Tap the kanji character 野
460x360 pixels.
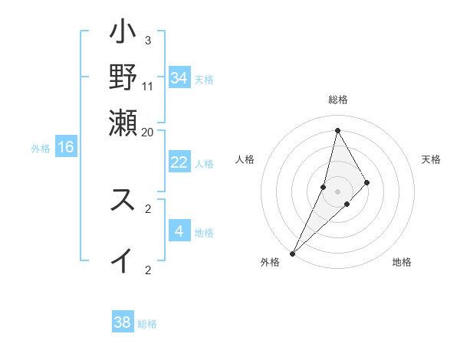pyautogui.click(x=123, y=77)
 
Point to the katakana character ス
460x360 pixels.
pyautogui.click(x=123, y=200)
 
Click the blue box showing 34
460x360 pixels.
pyautogui.click(x=179, y=78)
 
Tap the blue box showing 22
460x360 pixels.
pyautogui.click(x=179, y=162)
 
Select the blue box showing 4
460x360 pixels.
pyautogui.click(x=179, y=231)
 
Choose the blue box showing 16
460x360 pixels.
pyautogui.click(x=66, y=147)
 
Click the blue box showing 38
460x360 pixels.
pyautogui.click(x=122, y=322)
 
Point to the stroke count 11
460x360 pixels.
pyautogui.click(x=148, y=86)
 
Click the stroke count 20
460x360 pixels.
pyautogui.click(x=148, y=132)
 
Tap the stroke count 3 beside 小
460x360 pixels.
pyautogui.click(x=148, y=40)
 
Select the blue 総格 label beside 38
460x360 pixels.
pyautogui.click(x=147, y=324)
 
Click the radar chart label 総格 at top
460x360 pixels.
pyautogui.click(x=337, y=100)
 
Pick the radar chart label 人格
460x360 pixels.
pyautogui.click(x=245, y=159)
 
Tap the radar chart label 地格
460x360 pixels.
pyautogui.click(x=402, y=262)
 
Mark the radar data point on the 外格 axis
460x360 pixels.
pyautogui.click(x=293, y=252)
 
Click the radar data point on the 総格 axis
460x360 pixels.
pyautogui.click(x=337, y=130)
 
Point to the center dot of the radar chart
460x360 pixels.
pyautogui.click(x=337, y=191)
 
